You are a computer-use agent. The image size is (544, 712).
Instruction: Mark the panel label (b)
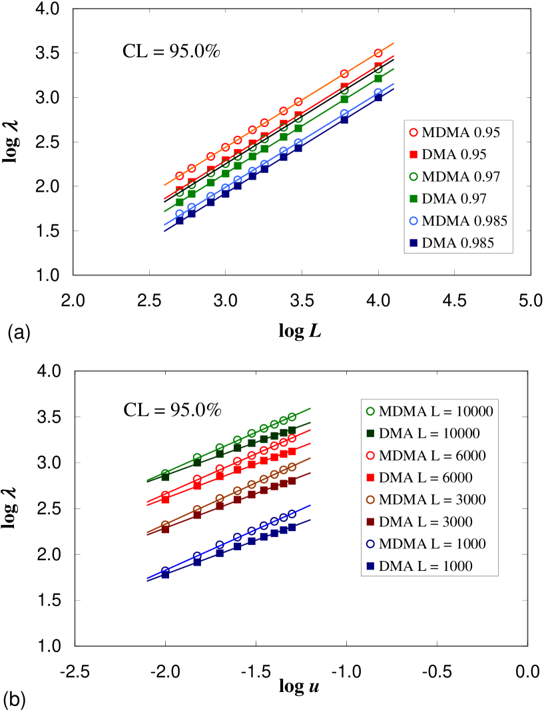coord(17,699)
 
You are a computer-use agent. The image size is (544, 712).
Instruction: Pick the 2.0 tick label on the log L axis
coord(73,302)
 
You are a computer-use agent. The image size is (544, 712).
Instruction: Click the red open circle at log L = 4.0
coord(378,53)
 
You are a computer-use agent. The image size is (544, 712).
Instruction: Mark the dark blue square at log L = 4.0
coord(378,97)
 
